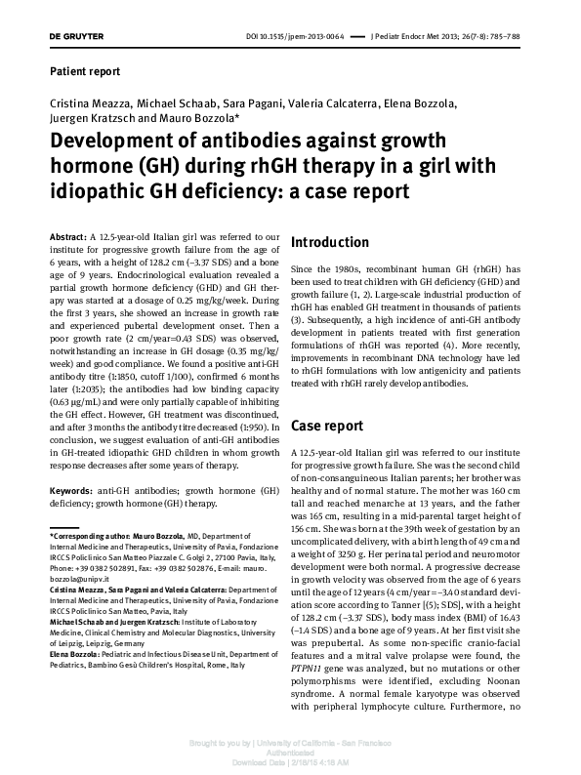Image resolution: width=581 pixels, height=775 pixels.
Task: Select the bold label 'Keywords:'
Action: pyautogui.click(x=70, y=490)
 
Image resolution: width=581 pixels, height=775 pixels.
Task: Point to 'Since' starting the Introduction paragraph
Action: pyautogui.click(x=304, y=268)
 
